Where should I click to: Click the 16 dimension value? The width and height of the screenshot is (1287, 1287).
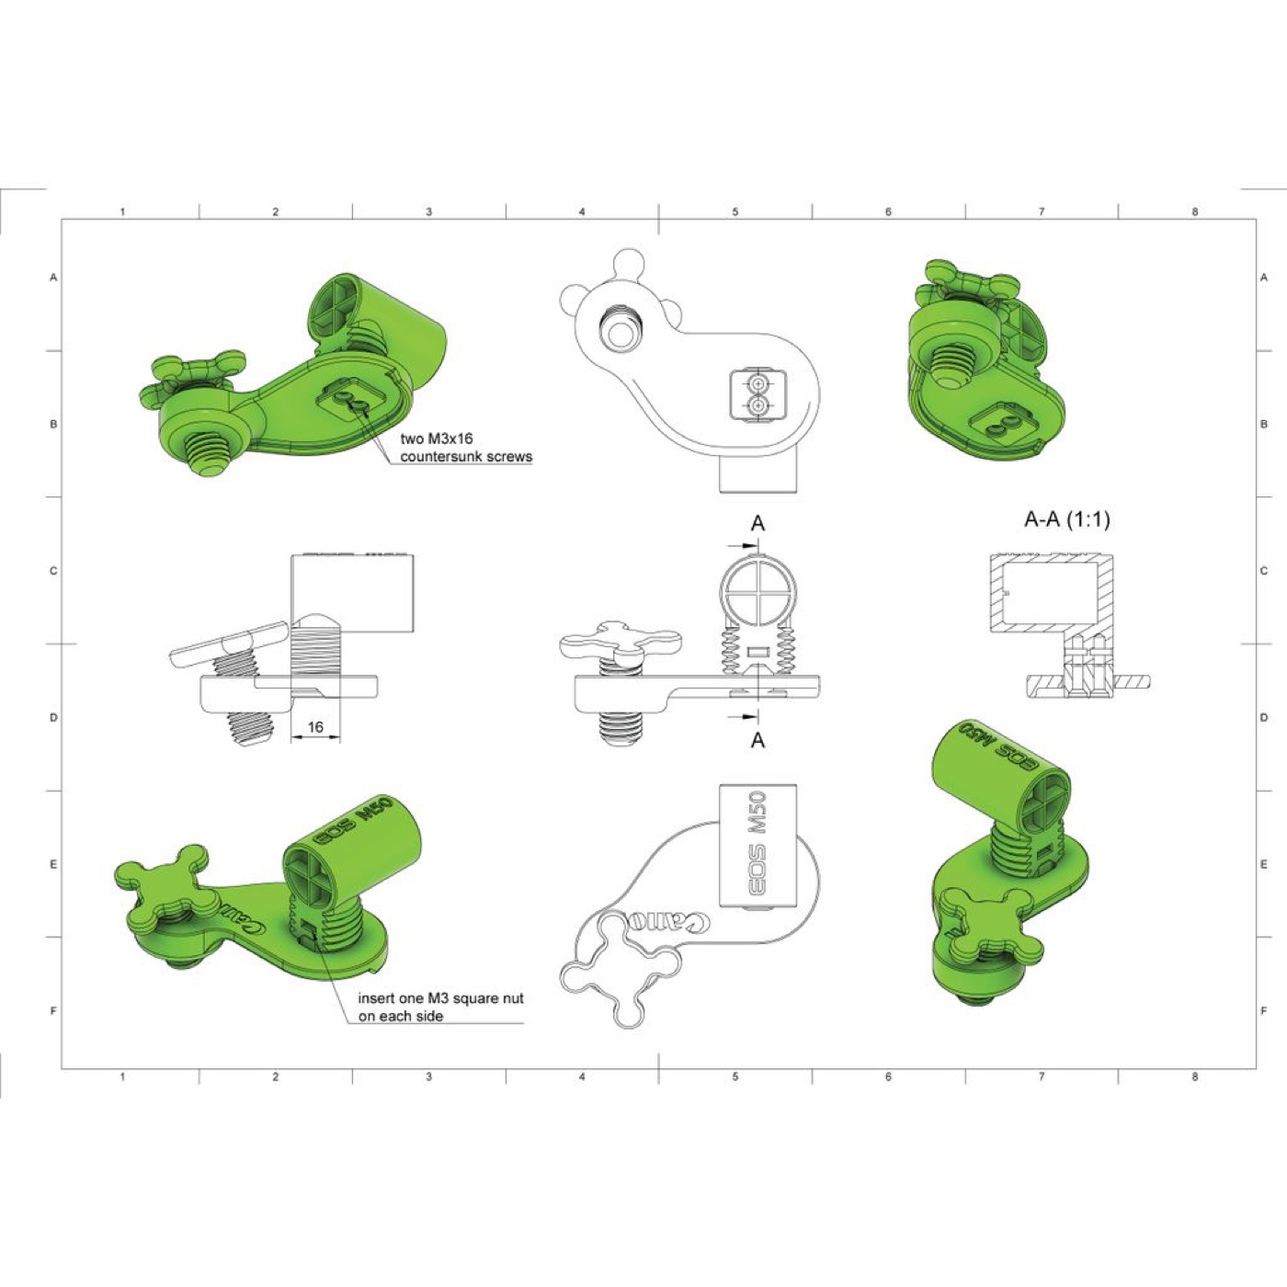315,726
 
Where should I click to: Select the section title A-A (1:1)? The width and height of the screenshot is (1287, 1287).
1066,519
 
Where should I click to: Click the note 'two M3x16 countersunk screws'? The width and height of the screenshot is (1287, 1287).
466,448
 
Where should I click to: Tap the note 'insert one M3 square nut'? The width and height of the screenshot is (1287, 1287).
441,998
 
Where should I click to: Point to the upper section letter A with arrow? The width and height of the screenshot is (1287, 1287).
757,524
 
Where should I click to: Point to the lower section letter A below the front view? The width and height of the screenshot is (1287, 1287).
757,740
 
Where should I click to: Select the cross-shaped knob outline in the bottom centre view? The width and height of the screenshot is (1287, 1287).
621,972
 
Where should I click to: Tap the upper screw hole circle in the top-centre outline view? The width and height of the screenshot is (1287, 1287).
757,384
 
